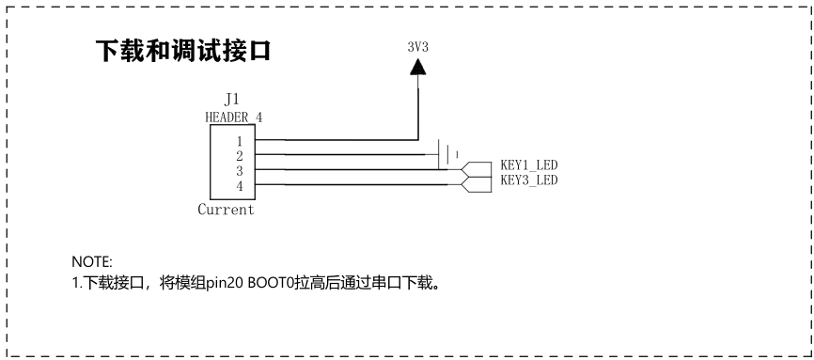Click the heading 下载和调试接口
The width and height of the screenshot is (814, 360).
point(183,51)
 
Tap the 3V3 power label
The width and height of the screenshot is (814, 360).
point(418,47)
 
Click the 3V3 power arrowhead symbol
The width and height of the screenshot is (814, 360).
point(418,67)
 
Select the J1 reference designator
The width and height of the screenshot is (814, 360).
point(231,99)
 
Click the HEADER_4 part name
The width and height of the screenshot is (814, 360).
point(234,117)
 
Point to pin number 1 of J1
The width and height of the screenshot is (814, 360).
point(240,141)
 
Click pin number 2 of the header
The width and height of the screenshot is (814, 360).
point(240,156)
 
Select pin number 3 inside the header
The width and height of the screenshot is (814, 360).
point(240,171)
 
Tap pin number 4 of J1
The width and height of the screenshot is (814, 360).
point(240,186)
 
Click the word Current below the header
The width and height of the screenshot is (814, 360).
point(226,210)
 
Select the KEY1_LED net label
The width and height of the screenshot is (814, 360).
point(529,165)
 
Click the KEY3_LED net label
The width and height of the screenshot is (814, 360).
point(529,180)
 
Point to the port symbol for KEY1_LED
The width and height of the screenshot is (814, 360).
point(476,169)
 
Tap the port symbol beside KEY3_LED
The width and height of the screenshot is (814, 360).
point(476,184)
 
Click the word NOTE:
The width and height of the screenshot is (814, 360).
point(92,260)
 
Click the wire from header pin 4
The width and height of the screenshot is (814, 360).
point(358,185)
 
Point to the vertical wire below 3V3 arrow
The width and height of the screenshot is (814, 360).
point(418,107)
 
